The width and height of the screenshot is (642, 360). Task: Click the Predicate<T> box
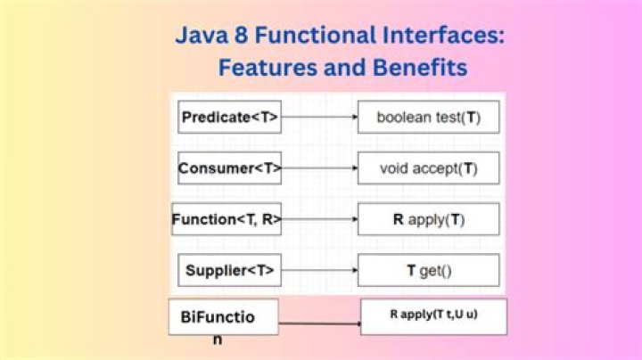tap(230, 118)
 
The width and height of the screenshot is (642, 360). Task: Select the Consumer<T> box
tap(230, 168)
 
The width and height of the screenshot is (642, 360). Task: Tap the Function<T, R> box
tap(226, 219)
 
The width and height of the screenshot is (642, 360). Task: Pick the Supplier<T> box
tap(230, 270)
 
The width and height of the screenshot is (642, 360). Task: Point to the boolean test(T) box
tap(428, 118)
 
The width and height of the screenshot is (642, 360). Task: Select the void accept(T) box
tap(428, 168)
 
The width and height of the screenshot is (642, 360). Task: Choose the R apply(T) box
tap(428, 219)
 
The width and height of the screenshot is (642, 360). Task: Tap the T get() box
tap(428, 270)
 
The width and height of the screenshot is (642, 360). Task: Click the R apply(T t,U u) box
tap(434, 315)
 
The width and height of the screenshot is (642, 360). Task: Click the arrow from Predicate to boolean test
tap(319, 118)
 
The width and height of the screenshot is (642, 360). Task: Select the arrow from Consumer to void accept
tap(319, 168)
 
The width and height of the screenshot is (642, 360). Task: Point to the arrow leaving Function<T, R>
tap(319, 219)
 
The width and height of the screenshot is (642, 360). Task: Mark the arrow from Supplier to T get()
tap(319, 270)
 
